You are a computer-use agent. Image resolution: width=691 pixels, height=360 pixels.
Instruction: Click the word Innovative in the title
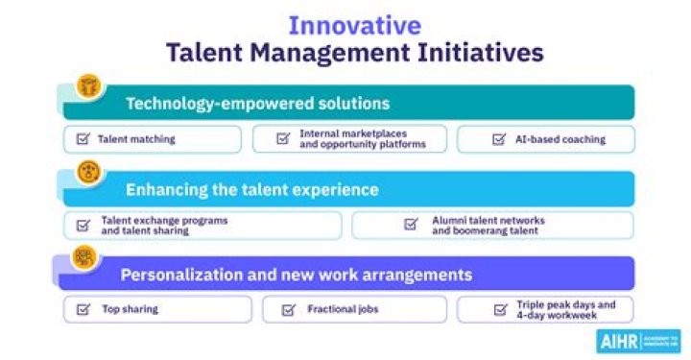[x=355, y=24]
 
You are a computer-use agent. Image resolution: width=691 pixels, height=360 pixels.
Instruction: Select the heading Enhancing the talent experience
[x=252, y=189]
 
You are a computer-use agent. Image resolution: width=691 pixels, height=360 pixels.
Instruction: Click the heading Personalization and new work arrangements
[x=296, y=275]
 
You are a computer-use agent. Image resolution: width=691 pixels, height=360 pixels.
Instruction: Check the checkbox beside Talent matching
[x=83, y=139]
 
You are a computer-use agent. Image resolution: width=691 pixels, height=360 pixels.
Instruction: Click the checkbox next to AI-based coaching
[x=499, y=139]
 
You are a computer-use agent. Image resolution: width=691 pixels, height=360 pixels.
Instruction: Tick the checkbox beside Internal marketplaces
[x=283, y=139]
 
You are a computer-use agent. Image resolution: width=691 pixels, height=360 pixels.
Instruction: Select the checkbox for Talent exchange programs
[x=83, y=226]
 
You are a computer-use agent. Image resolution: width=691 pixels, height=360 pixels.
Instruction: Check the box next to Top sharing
[x=83, y=309]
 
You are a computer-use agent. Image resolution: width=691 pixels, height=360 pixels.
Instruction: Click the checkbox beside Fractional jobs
[x=288, y=309]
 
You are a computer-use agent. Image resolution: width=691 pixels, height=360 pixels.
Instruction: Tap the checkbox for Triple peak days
[x=499, y=309]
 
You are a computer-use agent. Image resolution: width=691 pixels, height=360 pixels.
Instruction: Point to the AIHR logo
[x=637, y=341]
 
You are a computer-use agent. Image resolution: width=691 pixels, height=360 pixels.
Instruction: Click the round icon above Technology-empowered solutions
[x=89, y=84]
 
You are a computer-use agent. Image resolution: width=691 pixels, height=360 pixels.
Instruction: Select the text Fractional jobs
[x=343, y=309]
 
